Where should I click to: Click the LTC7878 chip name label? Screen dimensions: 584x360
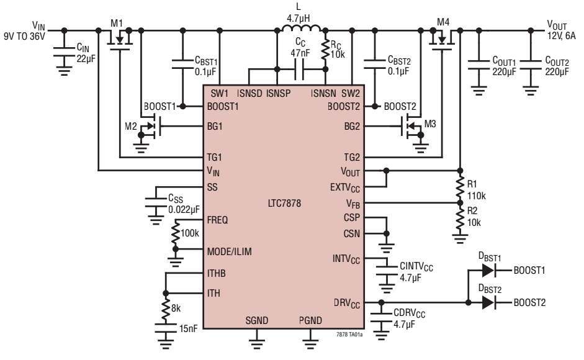(284, 203)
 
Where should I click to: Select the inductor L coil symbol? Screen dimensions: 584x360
(301, 28)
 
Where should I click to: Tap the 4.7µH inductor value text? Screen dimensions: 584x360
(298, 18)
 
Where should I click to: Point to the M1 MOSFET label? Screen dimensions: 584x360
(117, 23)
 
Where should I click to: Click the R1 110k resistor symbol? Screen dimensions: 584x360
(460, 188)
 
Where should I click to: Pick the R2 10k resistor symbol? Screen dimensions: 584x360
(460, 218)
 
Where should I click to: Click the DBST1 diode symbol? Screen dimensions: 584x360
(488, 270)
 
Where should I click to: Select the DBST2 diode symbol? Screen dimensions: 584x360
(488, 303)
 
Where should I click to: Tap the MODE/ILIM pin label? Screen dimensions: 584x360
(230, 251)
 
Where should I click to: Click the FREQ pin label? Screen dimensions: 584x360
(217, 220)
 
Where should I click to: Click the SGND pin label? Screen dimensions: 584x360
(256, 320)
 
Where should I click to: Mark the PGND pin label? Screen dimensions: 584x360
(310, 320)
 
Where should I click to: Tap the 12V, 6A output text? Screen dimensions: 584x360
(561, 36)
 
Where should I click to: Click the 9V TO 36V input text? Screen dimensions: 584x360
(24, 37)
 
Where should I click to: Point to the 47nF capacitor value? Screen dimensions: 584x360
(300, 53)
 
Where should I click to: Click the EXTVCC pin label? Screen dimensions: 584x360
(345, 187)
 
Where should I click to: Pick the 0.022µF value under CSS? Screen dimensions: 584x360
(184, 210)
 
